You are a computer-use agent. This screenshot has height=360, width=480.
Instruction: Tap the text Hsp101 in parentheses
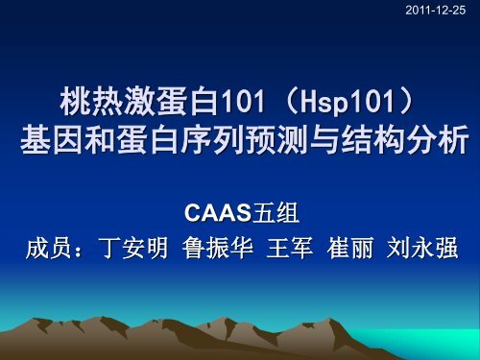(x=321, y=101)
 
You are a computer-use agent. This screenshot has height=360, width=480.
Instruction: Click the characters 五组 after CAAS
(x=273, y=210)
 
